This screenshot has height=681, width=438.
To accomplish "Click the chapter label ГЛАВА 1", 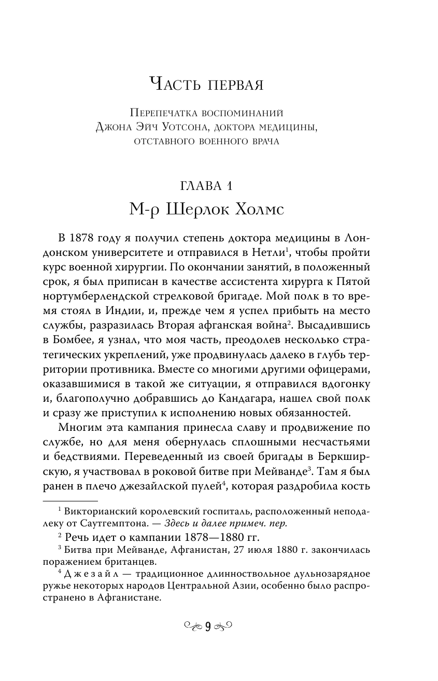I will click(219, 185).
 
